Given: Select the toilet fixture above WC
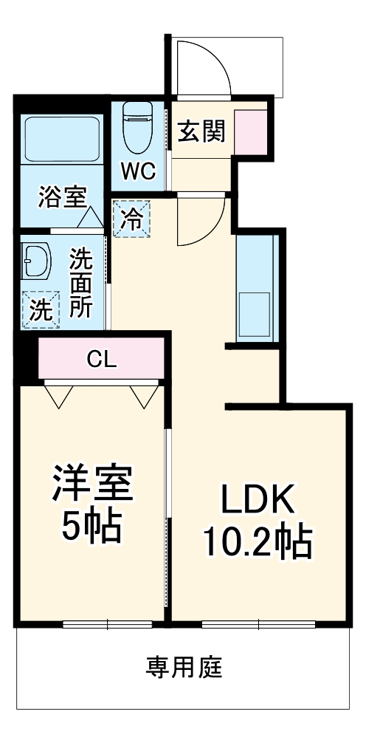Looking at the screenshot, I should (x=138, y=126).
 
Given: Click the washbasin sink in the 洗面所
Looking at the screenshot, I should (x=35, y=260).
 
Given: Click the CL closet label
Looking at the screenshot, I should (x=101, y=360).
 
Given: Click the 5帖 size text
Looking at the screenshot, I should (x=91, y=525).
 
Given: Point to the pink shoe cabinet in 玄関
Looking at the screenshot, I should (x=250, y=131).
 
